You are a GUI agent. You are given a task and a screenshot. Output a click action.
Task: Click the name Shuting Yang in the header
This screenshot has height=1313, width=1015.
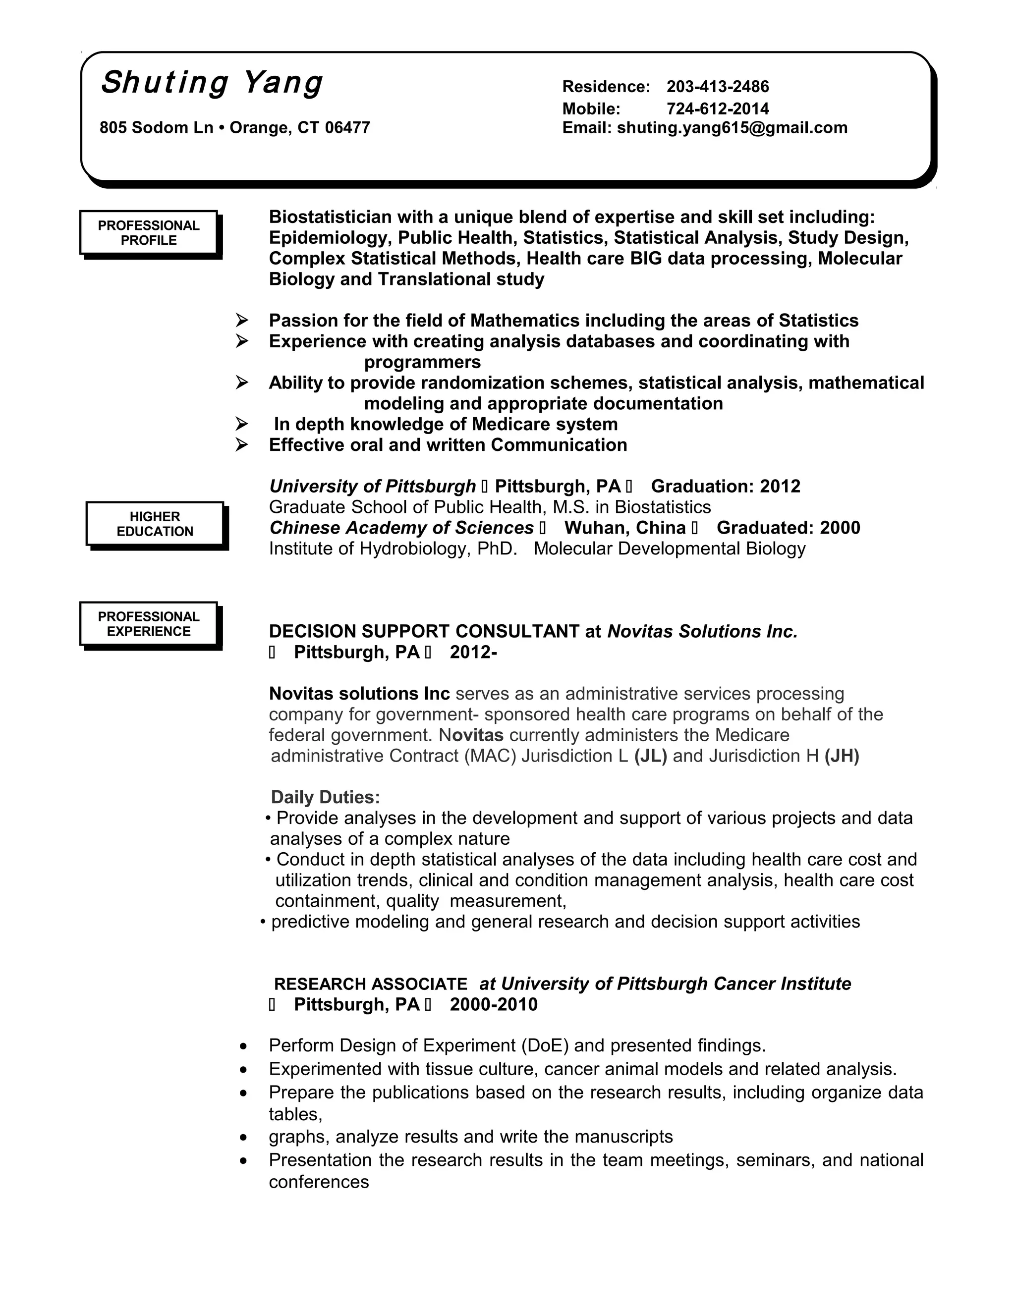pyautogui.click(x=212, y=83)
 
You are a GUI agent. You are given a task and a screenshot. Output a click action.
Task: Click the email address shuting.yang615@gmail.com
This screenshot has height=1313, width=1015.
pyautogui.click(x=732, y=127)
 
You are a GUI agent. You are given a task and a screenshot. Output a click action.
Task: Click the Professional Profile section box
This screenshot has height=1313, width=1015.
pyautogui.click(x=149, y=233)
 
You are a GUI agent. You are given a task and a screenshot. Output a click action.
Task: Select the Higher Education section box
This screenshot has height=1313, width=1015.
pyautogui.click(x=155, y=524)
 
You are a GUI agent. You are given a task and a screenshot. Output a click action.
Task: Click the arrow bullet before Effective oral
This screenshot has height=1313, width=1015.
pyautogui.click(x=242, y=445)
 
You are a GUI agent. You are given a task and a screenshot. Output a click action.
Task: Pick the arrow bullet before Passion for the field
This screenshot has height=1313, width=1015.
pyautogui.click(x=242, y=321)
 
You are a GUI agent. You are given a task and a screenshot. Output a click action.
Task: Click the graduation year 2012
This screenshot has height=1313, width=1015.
pyautogui.click(x=780, y=487)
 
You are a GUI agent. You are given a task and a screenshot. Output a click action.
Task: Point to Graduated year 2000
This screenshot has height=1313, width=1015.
pyautogui.click(x=840, y=528)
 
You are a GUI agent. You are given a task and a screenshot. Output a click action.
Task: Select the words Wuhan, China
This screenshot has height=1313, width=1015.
pyautogui.click(x=625, y=528)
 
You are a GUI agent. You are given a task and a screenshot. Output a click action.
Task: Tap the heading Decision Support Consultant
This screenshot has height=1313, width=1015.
pyautogui.click(x=423, y=631)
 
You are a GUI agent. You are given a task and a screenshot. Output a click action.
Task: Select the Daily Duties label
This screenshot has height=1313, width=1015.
pyautogui.click(x=325, y=797)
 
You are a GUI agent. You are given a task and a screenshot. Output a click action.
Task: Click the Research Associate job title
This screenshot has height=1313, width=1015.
pyautogui.click(x=370, y=984)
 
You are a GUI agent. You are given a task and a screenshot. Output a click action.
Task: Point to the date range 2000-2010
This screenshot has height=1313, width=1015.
pyautogui.click(x=493, y=1005)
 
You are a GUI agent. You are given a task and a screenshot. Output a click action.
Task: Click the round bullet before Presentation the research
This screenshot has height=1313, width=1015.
pyautogui.click(x=243, y=1160)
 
